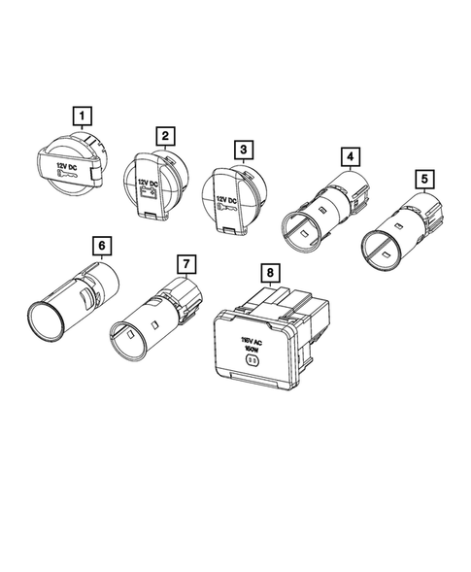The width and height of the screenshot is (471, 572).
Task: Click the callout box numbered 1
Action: [84, 118]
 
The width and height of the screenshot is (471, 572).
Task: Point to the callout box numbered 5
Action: [422, 179]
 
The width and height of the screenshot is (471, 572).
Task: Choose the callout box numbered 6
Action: [99, 243]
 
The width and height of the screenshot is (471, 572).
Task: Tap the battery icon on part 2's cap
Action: [149, 194]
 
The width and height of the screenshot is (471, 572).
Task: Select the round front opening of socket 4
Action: [300, 233]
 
